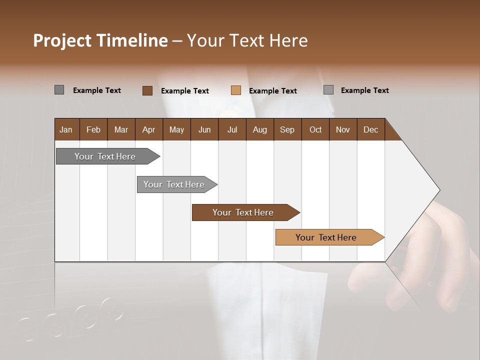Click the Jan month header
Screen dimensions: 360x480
click(66, 129)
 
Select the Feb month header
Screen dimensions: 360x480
click(93, 129)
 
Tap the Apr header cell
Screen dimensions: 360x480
click(149, 129)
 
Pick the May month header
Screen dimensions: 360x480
click(176, 129)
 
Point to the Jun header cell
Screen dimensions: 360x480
click(204, 129)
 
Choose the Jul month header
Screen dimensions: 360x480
click(232, 129)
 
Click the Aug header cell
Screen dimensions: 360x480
click(260, 129)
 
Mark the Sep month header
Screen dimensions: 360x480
click(287, 129)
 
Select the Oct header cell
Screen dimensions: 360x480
click(315, 129)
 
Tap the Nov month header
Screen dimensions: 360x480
click(343, 129)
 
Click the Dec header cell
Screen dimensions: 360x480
click(371, 129)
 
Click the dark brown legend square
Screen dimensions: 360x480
click(147, 90)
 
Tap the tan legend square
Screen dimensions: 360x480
click(236, 90)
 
